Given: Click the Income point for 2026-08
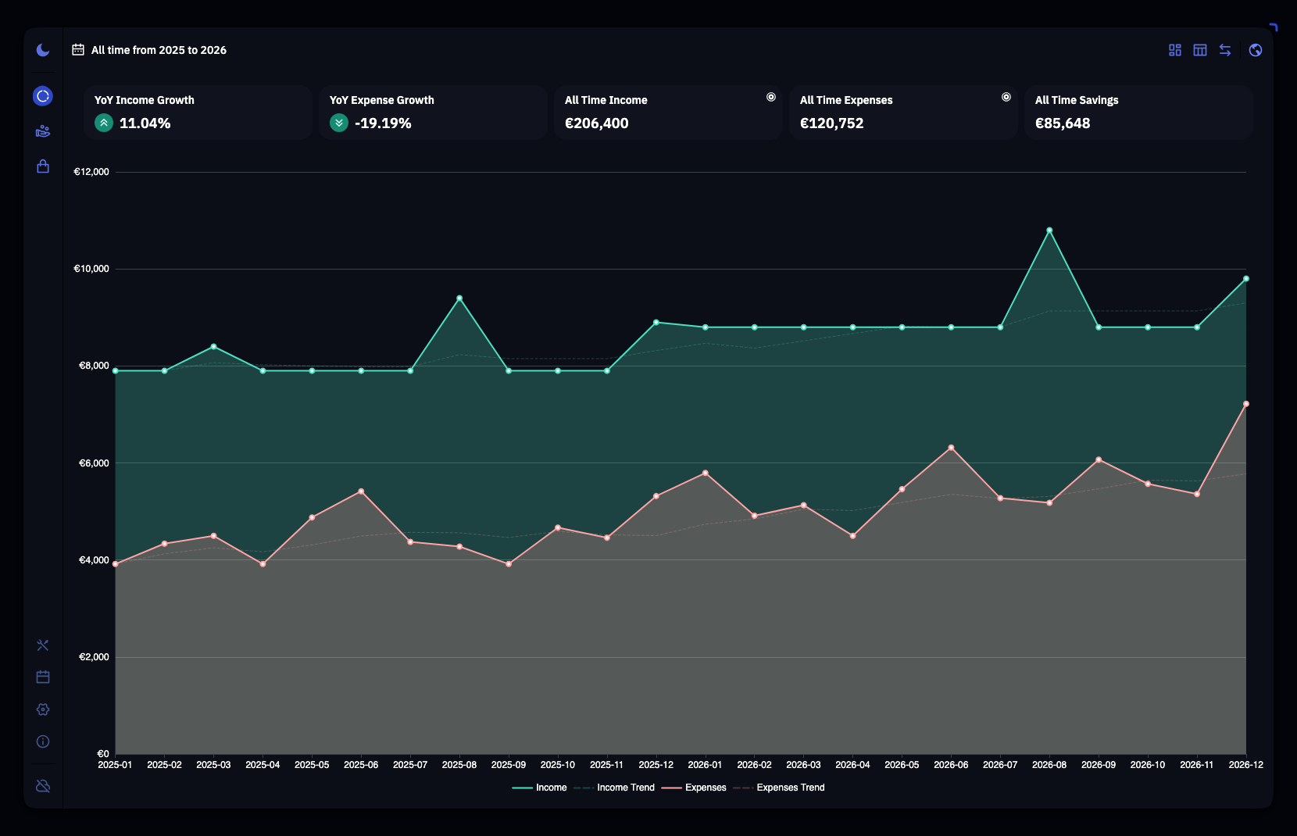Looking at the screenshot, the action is coord(1049,230).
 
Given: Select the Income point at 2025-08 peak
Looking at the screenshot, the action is coord(459,298).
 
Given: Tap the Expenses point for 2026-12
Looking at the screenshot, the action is coord(1246,404).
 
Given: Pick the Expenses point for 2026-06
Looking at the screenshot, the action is coord(951,448).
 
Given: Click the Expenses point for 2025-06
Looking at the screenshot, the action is coord(361,491).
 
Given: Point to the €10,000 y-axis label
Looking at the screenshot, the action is coord(91,269).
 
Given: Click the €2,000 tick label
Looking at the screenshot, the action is coord(93,657).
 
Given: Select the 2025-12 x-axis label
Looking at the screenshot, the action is coord(656,765).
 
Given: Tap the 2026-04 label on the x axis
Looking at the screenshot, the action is coord(852,765).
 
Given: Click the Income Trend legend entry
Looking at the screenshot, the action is coord(614,788).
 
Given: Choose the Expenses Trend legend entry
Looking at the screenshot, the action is coord(779,788).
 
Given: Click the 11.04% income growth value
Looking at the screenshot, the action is coord(145,123).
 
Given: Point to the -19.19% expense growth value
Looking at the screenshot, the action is coord(383,123).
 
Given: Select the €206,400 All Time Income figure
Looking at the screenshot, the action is coord(596,123).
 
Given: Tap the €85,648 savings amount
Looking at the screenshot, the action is coord(1063,123).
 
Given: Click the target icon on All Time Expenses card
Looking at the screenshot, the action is coord(1006,97).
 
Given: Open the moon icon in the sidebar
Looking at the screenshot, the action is coord(43,50).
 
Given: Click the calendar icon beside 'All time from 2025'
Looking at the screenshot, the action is coord(78,50).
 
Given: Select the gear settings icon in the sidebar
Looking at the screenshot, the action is coord(43,709).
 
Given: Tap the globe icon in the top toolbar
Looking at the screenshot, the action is coord(1256,50).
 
